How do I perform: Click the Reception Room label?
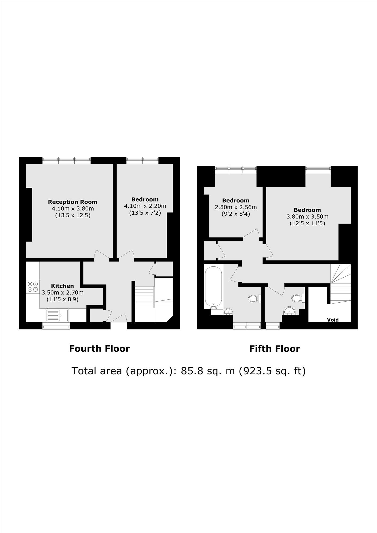pos(73,202)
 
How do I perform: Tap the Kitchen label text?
pos(62,286)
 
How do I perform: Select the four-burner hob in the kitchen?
pos(33,287)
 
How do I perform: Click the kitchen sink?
pos(58,315)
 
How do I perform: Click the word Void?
pos(333,320)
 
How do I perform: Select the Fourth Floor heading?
pos(99,348)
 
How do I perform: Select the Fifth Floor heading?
pos(275,349)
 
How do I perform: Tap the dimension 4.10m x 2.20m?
pos(145,206)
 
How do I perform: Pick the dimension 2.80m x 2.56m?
pos(236,207)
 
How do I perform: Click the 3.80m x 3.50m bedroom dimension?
pos(307,217)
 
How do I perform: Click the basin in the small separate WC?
pos(289,310)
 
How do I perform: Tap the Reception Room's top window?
pos(66,160)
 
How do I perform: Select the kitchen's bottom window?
pos(56,326)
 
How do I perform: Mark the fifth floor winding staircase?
pos(340,284)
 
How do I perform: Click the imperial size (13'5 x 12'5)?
pos(73,215)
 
